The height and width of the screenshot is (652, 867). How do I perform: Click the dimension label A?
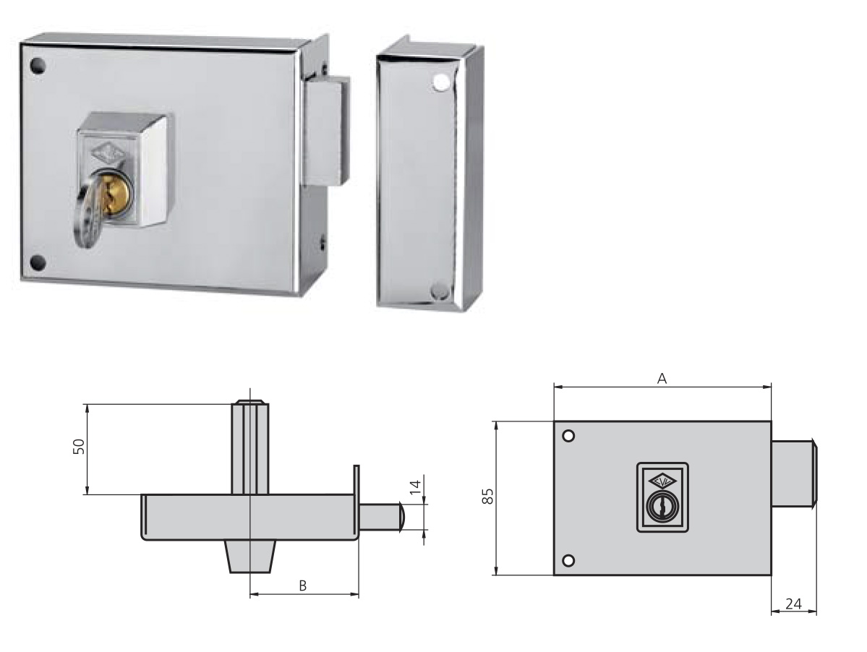click(661, 378)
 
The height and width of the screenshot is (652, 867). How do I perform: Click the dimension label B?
click(303, 585)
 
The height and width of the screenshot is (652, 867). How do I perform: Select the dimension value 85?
click(488, 496)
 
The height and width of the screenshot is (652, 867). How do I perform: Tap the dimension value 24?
click(793, 604)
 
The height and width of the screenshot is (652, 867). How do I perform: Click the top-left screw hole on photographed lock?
click(38, 65)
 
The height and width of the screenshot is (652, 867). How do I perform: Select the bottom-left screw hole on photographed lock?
click(38, 262)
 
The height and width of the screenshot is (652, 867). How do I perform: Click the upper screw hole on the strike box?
click(438, 83)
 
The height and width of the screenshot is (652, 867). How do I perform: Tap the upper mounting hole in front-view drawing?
click(568, 436)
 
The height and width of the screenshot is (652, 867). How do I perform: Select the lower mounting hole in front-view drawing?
click(568, 560)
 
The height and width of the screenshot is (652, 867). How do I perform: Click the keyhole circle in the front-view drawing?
click(662, 507)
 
